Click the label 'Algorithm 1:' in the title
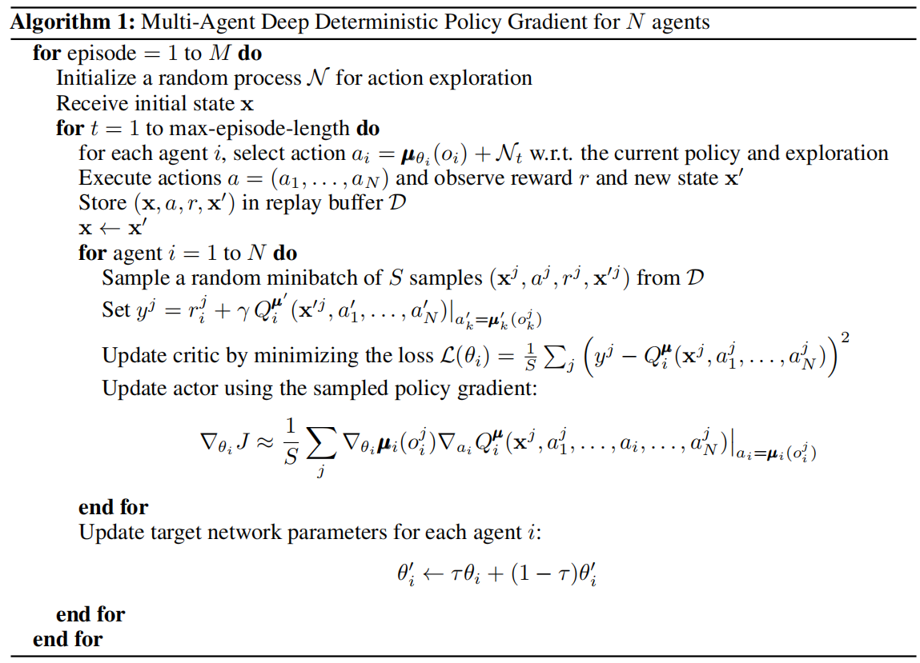pyautogui.click(x=70, y=22)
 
